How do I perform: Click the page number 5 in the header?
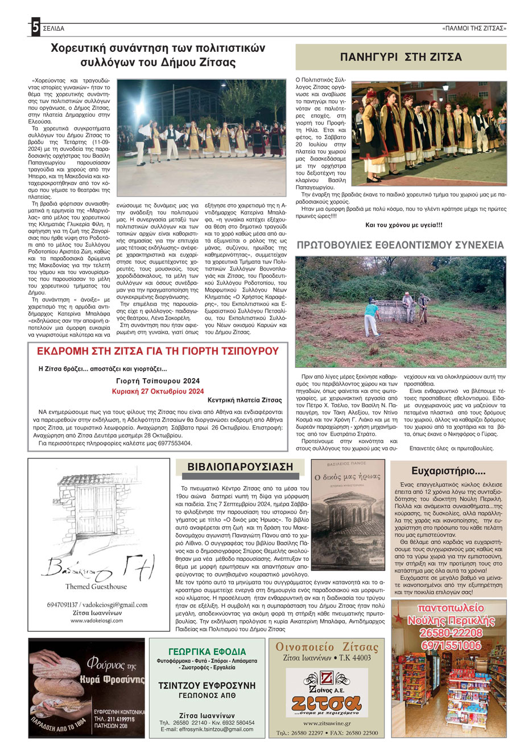point(35,27)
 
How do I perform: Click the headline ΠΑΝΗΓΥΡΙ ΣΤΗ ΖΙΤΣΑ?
point(400,57)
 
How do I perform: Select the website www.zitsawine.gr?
point(326,723)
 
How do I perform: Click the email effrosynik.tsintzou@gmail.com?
point(207,729)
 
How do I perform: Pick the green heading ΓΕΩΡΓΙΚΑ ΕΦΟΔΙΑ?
point(207,651)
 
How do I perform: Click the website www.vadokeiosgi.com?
point(97,620)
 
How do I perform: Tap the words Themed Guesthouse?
point(97,587)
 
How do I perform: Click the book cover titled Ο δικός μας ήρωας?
point(349,507)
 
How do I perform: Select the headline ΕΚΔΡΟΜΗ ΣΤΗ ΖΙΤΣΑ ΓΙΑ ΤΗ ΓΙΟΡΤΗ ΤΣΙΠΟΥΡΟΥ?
point(155,351)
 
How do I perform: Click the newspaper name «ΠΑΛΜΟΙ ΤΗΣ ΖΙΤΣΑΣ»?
point(474,28)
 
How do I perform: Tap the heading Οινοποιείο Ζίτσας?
point(327,647)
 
